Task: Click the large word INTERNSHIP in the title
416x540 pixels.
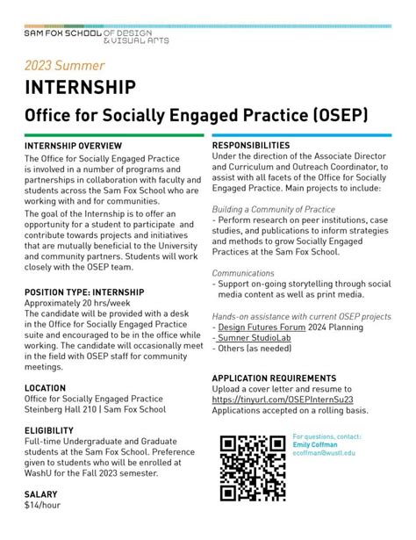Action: point(80,88)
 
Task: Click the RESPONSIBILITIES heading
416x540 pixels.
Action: point(251,145)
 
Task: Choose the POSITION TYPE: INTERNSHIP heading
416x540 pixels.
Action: point(84,292)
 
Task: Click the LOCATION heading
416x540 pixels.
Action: point(46,387)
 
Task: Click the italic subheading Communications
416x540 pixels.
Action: point(243,273)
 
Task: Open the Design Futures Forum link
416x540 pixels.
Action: point(263,328)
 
